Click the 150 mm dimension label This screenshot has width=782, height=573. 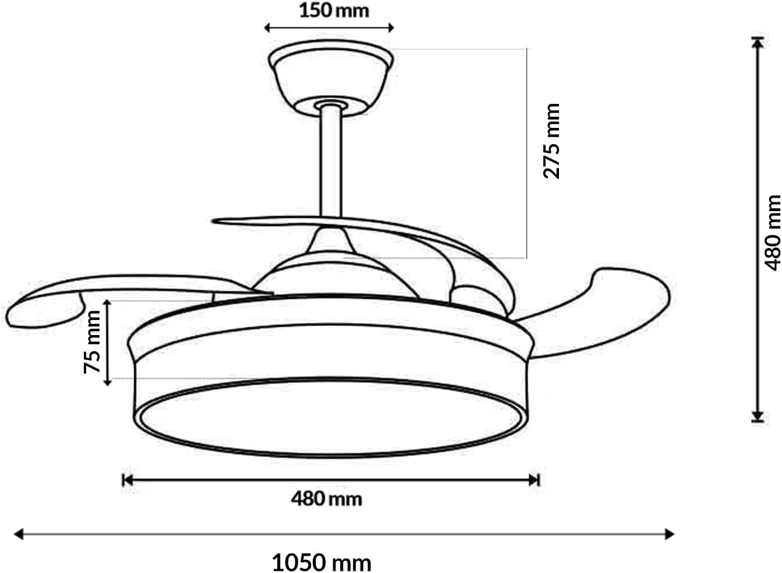[x=334, y=11]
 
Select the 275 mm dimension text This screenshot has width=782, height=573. [x=552, y=141]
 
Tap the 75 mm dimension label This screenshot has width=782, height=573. [x=92, y=342]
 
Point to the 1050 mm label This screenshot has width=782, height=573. [x=321, y=563]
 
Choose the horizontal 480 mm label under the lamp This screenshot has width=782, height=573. [x=326, y=499]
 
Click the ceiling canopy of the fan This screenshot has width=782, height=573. [x=331, y=77]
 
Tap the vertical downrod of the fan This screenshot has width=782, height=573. [x=331, y=162]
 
